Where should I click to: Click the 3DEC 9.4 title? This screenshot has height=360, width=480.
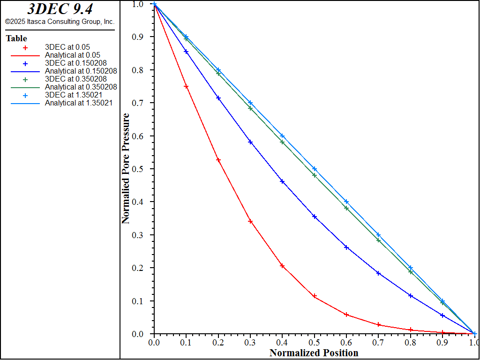click(x=60, y=9)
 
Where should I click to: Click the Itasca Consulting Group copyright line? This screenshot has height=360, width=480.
click(x=60, y=22)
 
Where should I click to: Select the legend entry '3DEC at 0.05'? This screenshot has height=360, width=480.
click(x=67, y=47)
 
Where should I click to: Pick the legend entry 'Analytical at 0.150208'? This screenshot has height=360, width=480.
click(x=81, y=71)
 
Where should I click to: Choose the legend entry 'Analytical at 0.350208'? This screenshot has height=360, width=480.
click(x=81, y=87)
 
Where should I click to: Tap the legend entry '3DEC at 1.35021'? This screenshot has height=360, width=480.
click(x=69, y=95)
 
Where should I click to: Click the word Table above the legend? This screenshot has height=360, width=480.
click(x=16, y=38)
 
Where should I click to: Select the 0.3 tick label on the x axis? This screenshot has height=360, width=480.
click(x=250, y=343)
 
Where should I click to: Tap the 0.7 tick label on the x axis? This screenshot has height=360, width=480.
click(x=378, y=343)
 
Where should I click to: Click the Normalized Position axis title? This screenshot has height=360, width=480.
click(x=314, y=353)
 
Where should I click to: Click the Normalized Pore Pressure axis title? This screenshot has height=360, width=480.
click(x=126, y=169)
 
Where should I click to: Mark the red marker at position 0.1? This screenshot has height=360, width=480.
click(x=186, y=87)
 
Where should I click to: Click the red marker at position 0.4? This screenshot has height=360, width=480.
click(x=282, y=266)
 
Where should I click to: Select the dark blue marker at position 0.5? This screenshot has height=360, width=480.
click(x=315, y=217)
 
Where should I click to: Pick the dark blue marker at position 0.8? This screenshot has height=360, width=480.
click(x=411, y=296)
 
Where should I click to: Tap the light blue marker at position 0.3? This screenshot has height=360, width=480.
click(x=250, y=103)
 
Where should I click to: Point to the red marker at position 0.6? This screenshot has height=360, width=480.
click(x=346, y=315)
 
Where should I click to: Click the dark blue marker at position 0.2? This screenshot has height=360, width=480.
click(x=218, y=98)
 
